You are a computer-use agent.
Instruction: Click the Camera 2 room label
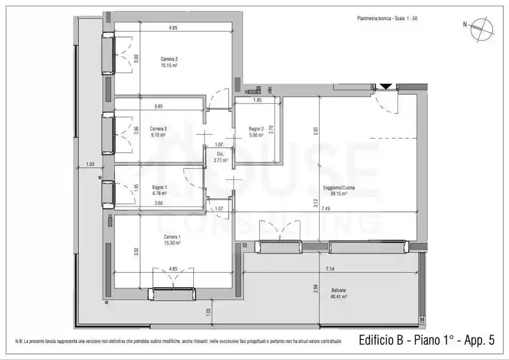pyautogui.click(x=169, y=59)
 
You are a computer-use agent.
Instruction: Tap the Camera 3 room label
pyautogui.click(x=159, y=128)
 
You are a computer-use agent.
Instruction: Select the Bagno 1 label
pyautogui.click(x=160, y=186)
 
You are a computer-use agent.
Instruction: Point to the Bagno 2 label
pyautogui.click(x=256, y=128)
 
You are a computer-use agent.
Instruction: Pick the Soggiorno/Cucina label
pyautogui.click(x=339, y=187)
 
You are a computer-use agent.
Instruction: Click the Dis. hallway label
pyautogui.click(x=220, y=154)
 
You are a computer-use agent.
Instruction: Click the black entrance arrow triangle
pyautogui.click(x=386, y=86)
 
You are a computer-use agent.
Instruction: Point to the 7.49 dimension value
pyautogui.click(x=326, y=209)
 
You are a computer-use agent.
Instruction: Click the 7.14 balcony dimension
pyautogui.click(x=337, y=269)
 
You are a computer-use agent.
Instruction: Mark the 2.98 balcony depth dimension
pyautogui.click(x=315, y=287)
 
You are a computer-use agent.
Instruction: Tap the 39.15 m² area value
pyautogui.click(x=339, y=194)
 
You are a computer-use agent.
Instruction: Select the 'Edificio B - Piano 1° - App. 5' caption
pyautogui.click(x=426, y=340)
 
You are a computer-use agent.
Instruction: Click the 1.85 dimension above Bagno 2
pyautogui.click(x=258, y=100)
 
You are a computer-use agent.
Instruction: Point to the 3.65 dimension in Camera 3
pyautogui.click(x=159, y=107)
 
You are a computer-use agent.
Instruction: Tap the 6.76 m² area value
pyautogui.click(x=160, y=192)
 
